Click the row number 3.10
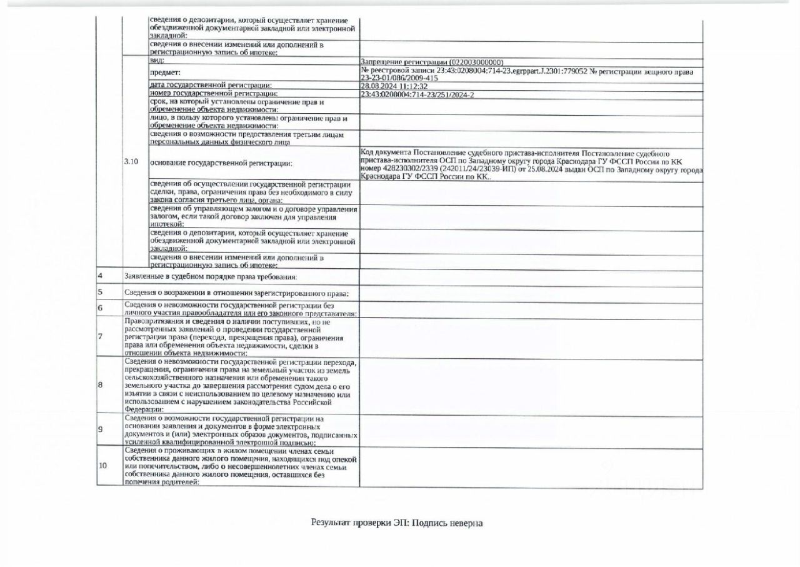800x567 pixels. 131,163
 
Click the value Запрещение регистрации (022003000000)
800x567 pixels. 432,63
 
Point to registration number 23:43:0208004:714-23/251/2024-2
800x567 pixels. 417,94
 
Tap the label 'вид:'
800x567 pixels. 157,61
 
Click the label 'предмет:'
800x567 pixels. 165,73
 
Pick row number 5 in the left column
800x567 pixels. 100,292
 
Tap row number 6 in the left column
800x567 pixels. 100,308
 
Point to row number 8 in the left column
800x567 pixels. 100,384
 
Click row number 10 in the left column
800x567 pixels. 102,466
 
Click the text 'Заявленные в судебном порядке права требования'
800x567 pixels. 211,276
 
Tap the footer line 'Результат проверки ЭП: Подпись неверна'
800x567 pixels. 397,523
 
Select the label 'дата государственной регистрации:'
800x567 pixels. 211,86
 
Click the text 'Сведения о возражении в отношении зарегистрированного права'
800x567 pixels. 236,293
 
